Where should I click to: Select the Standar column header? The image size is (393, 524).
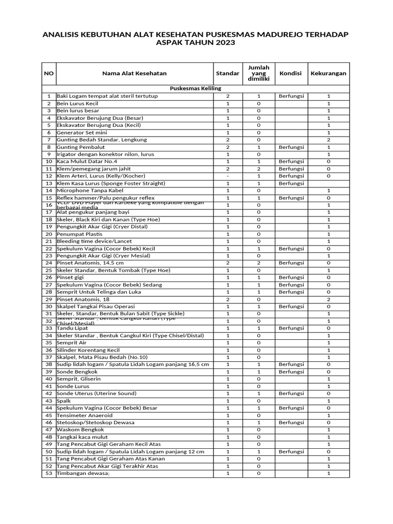(228, 73)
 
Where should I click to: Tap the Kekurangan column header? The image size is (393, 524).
(328, 73)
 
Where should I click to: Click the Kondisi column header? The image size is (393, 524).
(291, 73)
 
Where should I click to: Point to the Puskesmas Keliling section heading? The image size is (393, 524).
(195, 89)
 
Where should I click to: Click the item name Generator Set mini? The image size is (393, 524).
(82, 133)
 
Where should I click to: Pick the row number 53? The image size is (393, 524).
(49, 473)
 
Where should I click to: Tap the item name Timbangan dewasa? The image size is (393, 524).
(83, 473)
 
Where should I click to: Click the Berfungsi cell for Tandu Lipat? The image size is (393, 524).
(291, 328)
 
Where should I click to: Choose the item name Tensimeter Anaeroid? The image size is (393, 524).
(84, 416)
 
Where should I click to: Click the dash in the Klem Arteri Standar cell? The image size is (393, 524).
(228, 176)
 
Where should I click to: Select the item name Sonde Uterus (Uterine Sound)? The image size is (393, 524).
(96, 394)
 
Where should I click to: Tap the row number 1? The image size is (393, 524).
(49, 96)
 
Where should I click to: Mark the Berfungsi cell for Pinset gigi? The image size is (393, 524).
(291, 277)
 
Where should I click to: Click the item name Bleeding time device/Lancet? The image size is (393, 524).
(94, 241)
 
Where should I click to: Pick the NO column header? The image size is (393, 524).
(49, 73)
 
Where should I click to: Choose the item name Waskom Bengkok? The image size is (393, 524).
(80, 430)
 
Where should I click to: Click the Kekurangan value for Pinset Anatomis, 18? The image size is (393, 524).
(329, 299)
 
